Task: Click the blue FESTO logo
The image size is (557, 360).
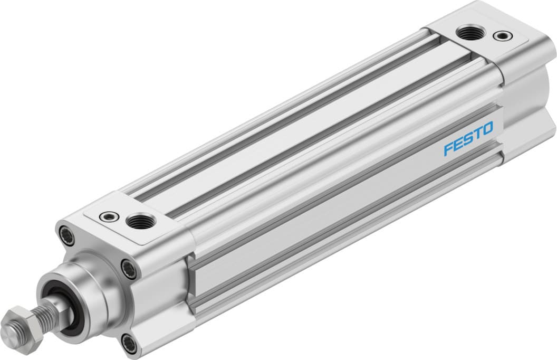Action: [x=468, y=139]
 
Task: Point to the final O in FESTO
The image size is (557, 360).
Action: [x=487, y=128]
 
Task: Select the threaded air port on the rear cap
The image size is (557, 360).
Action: [x=467, y=34]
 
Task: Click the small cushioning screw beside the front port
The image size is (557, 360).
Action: [x=109, y=216]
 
